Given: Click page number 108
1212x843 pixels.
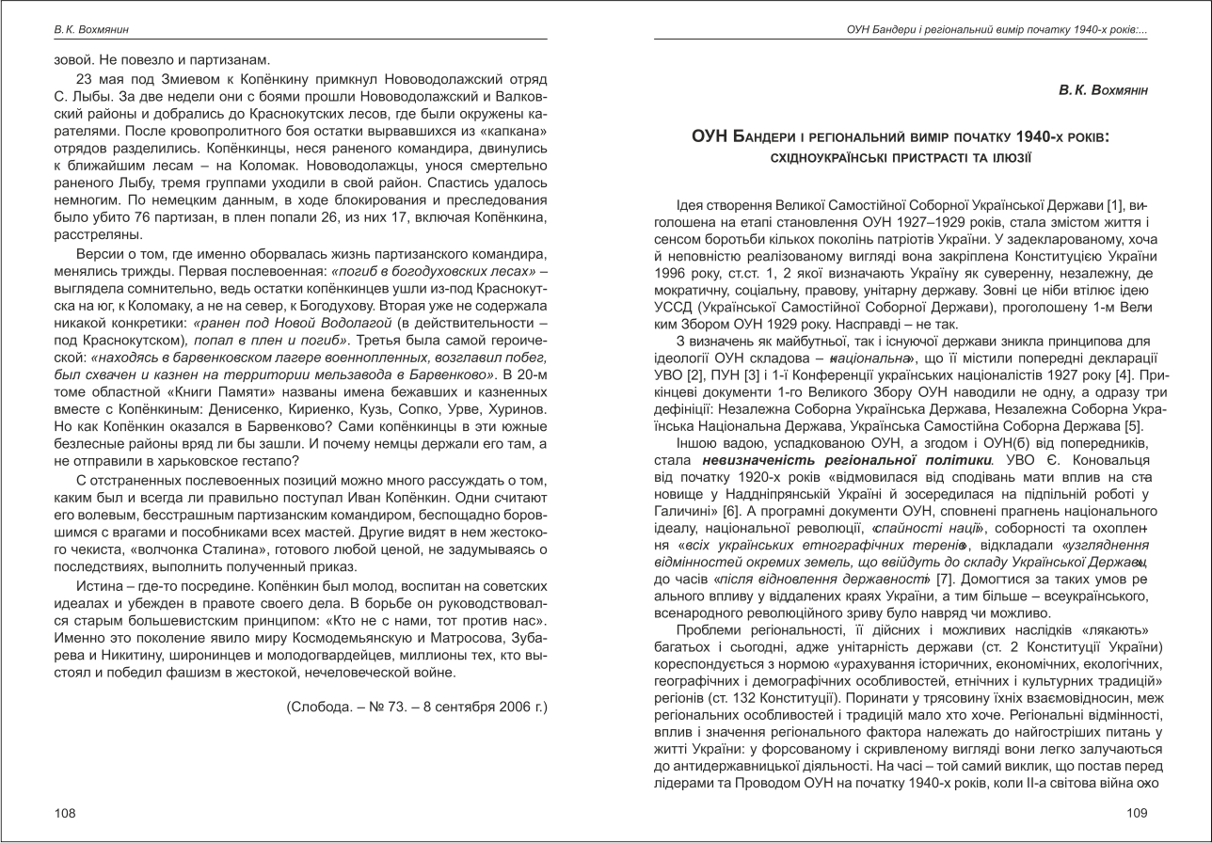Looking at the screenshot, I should (x=65, y=814).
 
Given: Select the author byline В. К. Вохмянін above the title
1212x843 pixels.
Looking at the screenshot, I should (x=1103, y=90).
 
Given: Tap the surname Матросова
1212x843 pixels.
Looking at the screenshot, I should (x=460, y=638).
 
